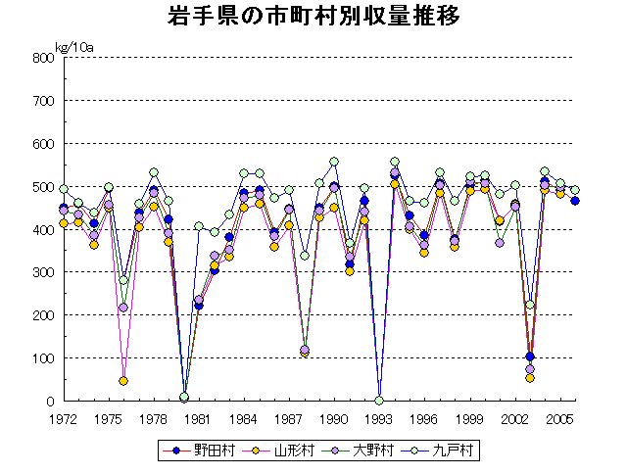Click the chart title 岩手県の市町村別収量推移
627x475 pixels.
click(313, 18)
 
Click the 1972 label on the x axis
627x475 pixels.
click(64, 418)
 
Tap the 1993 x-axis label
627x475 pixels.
click(378, 418)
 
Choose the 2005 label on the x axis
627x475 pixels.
click(559, 418)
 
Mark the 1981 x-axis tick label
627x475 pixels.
click(199, 418)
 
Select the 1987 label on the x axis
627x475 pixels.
click(289, 418)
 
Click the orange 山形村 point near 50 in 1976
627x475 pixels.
click(123, 381)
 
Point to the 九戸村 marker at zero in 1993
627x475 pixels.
click(379, 401)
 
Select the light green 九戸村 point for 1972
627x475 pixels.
click(64, 189)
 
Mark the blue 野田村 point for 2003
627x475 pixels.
click(530, 356)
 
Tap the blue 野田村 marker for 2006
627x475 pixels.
click(575, 201)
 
